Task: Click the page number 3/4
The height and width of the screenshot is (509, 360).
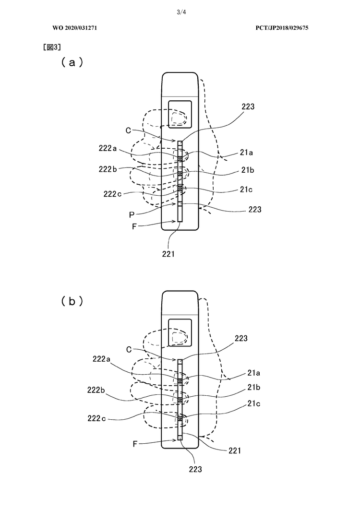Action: click(x=181, y=12)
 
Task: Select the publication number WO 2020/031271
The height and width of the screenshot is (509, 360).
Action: click(x=75, y=28)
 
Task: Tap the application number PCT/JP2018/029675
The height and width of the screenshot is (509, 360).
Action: click(x=282, y=28)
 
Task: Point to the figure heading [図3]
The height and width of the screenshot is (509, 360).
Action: click(x=52, y=47)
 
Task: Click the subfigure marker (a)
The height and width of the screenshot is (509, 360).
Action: click(x=72, y=62)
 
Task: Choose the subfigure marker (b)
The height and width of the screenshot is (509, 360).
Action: click(x=72, y=301)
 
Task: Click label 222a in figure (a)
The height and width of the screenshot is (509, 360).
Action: click(x=108, y=148)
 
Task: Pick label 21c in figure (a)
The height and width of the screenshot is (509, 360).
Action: click(x=246, y=189)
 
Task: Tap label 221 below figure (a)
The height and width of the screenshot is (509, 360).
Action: click(x=168, y=254)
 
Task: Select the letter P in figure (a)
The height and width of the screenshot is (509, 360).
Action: click(x=132, y=214)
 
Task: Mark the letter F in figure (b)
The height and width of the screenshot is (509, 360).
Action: click(x=135, y=444)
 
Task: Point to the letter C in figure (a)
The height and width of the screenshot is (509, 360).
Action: click(x=128, y=130)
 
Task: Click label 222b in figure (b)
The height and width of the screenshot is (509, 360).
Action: click(x=96, y=390)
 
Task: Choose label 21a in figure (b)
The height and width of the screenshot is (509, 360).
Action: click(x=254, y=373)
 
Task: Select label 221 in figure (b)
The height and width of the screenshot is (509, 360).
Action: click(x=235, y=450)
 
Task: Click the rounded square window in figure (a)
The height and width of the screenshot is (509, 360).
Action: click(x=180, y=114)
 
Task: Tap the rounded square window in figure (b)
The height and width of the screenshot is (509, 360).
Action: click(x=180, y=332)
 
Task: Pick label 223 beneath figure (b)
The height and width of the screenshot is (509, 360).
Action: click(x=195, y=469)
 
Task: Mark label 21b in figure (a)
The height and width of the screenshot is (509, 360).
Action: click(x=248, y=170)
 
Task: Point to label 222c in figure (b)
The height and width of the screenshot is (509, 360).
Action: click(x=96, y=419)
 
